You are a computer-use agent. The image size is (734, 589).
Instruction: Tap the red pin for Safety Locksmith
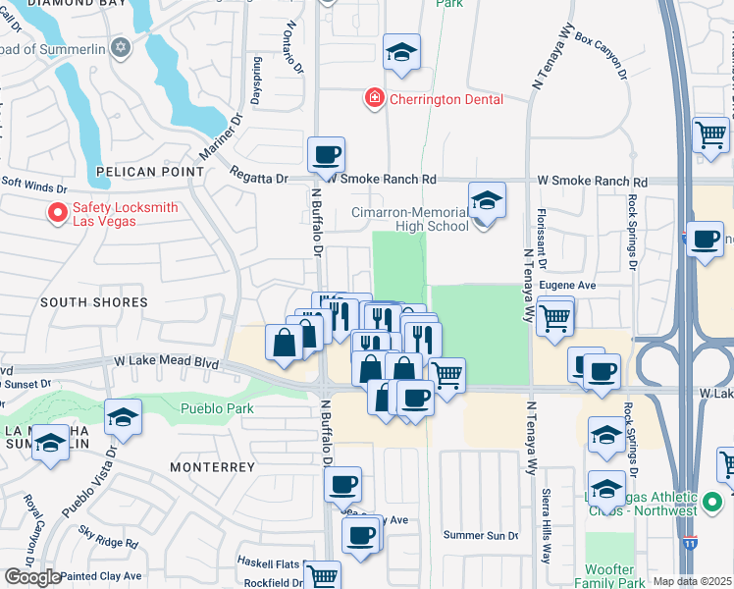pos(58,212)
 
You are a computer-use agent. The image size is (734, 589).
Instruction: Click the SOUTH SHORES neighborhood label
pos(94,302)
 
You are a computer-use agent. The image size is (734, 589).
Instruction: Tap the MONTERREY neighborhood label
pos(212,467)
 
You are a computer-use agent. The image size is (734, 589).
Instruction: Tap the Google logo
pos(32,577)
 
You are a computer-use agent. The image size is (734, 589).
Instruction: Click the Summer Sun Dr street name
pos(480,535)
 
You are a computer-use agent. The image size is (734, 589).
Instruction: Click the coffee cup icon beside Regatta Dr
pos(326,154)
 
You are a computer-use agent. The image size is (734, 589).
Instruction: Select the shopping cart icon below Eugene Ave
pos(555,316)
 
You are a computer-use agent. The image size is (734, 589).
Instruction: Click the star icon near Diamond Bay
pos(121,47)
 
